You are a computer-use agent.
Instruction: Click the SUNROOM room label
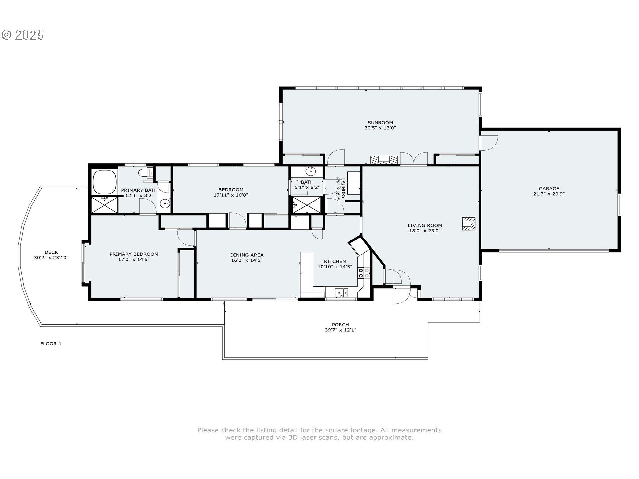380,122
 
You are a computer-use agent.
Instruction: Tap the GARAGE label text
549,188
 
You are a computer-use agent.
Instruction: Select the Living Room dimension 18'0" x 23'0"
425,230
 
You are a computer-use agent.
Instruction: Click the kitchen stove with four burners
364,273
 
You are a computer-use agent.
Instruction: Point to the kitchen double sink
341,293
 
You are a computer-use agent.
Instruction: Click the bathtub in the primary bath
105,182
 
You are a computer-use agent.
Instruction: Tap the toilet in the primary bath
146,173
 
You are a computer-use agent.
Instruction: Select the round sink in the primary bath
164,203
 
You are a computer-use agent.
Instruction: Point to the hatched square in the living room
468,224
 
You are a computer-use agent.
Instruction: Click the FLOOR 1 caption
51,344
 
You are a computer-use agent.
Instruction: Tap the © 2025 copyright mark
23,35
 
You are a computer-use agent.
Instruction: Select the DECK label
51,252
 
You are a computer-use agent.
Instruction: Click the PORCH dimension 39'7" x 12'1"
340,330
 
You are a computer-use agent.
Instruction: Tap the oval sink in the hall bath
311,172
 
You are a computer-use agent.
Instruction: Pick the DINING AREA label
247,255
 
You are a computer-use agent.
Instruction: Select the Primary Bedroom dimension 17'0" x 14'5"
134,259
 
